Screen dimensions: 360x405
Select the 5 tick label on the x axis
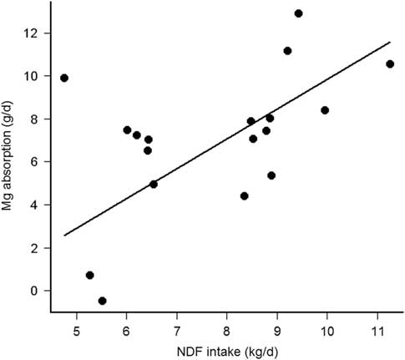coord(76,324)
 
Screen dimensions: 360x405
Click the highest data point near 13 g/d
coord(298,13)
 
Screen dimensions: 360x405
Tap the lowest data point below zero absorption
coord(102,301)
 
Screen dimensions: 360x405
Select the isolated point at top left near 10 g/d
coord(64,79)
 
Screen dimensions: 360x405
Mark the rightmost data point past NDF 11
coord(389,64)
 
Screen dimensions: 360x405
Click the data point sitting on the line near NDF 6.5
coord(154,185)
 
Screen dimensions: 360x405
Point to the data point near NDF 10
coord(325,110)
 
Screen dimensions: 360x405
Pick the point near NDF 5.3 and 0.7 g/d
coord(89,276)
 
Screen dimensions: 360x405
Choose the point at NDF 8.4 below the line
coord(245,196)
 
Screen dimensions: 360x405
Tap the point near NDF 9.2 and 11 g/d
coord(287,51)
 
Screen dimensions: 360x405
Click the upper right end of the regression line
coord(390,42)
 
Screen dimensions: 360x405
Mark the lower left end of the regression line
coord(64,236)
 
